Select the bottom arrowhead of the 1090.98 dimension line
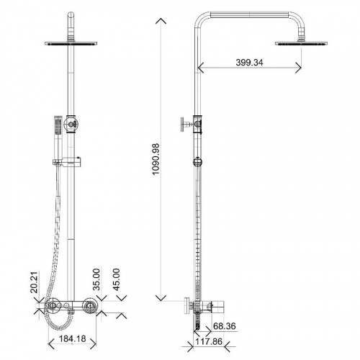click(160, 297)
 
